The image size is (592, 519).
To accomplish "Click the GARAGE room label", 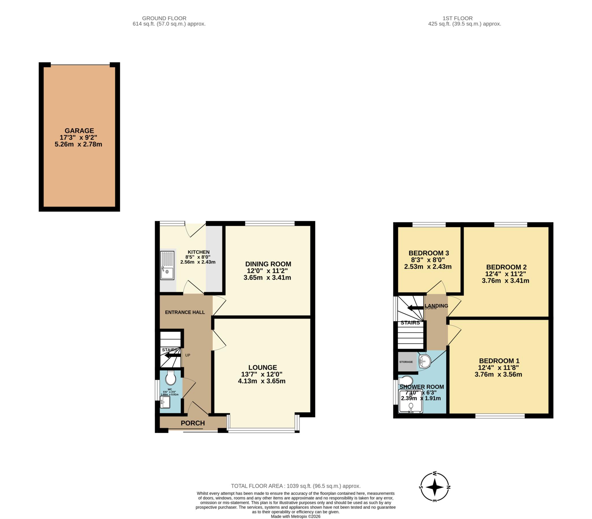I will pyautogui.click(x=79, y=131).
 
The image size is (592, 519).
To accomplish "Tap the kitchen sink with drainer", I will pyautogui.click(x=167, y=265).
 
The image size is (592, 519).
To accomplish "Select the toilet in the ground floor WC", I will pyautogui.click(x=171, y=378).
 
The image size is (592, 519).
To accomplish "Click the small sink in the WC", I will pyautogui.click(x=165, y=402).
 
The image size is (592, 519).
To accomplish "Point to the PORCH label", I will pyautogui.click(x=193, y=423).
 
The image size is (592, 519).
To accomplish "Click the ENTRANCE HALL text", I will pyautogui.click(x=185, y=312).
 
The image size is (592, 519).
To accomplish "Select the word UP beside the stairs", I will pyautogui.click(x=188, y=355).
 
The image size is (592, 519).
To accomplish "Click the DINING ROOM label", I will pyautogui.click(x=268, y=264).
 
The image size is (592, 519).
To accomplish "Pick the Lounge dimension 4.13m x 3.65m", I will pyautogui.click(x=262, y=381).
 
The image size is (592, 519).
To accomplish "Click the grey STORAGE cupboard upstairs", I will pyautogui.click(x=406, y=362).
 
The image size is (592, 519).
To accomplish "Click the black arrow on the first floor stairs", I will pyautogui.click(x=415, y=308).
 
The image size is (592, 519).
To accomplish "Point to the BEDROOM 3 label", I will pyautogui.click(x=428, y=253).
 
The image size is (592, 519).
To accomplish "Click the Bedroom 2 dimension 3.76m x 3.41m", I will pyautogui.click(x=505, y=281).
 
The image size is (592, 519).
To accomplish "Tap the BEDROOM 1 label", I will pyautogui.click(x=499, y=361).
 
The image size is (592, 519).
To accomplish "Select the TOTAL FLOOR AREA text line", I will pyautogui.click(x=295, y=486).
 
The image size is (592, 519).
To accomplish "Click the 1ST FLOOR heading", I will pyautogui.click(x=458, y=18).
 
